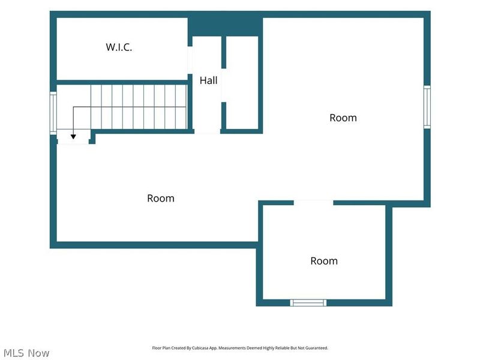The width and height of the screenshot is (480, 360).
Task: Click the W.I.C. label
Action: click(x=119, y=47)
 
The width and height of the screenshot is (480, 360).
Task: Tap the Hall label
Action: click(x=208, y=80)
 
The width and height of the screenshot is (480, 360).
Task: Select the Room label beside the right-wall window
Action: click(x=343, y=118)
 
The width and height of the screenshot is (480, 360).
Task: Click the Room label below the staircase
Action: click(x=161, y=199)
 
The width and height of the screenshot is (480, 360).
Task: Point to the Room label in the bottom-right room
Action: click(x=324, y=261)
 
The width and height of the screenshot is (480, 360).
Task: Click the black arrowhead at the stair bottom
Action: click(x=73, y=137)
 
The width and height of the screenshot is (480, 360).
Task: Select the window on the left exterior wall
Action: click(x=53, y=113)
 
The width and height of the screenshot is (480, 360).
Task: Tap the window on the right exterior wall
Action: click(x=427, y=107)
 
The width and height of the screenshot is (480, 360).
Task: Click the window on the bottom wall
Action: click(x=308, y=303)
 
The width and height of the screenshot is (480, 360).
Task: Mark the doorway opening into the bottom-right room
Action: click(x=313, y=203)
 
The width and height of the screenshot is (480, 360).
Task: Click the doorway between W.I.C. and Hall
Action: click(x=190, y=60)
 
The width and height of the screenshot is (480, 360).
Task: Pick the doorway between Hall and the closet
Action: click(x=224, y=85)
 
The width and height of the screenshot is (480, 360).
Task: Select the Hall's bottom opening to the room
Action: click(x=207, y=131)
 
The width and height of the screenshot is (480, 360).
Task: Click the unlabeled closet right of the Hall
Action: click(x=242, y=83)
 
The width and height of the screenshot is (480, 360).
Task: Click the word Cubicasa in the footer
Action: click(x=199, y=348)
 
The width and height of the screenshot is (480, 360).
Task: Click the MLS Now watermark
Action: click(x=26, y=353)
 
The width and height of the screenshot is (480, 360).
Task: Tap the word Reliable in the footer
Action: click(x=283, y=348)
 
